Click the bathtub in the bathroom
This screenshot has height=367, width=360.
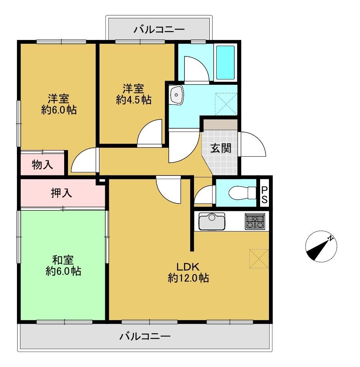225,63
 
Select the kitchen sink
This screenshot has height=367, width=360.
212,221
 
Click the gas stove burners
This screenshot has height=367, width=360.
255,221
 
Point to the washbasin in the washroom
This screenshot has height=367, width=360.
176,95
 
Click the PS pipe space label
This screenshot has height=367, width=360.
264,195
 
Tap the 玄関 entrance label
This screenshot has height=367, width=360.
221,148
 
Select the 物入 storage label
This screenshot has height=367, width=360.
42,165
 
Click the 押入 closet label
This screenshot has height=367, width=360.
61,193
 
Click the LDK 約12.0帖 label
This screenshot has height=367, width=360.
188,272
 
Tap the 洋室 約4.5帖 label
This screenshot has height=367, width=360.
133,94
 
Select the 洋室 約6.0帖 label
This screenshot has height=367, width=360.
59,104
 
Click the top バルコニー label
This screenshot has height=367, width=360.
159,30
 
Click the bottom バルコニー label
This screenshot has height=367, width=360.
145,337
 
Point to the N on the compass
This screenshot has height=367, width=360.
330,238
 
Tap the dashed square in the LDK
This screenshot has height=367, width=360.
259,259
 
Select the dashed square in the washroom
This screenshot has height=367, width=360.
226,104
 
